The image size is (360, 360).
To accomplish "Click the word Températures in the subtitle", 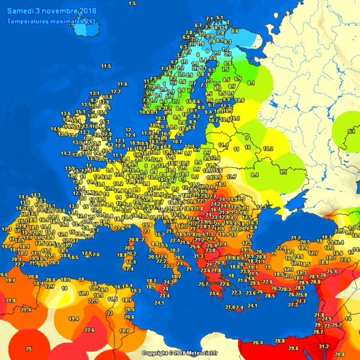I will (29, 22).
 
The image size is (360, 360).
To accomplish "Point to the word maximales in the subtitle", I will (68, 22).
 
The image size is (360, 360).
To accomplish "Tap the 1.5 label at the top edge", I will (132, 4).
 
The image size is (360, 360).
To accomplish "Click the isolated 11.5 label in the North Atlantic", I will (106, 66).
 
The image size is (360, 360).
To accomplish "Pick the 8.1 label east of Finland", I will (251, 83).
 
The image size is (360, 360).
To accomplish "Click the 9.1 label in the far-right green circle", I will (352, 131).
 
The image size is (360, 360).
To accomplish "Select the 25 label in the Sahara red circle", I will (28, 349).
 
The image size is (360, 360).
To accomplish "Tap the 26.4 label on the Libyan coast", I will (258, 343).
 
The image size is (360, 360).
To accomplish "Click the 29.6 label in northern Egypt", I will (293, 348).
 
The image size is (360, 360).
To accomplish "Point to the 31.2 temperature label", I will (323, 346).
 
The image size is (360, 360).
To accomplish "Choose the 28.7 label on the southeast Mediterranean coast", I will (318, 332).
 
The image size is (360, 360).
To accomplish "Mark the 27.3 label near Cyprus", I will (293, 305).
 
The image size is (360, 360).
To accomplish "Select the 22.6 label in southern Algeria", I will (89, 329).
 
